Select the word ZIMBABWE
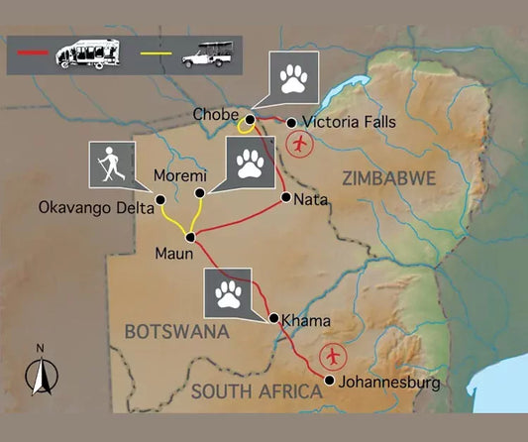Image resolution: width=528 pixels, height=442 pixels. pyautogui.click(x=388, y=178)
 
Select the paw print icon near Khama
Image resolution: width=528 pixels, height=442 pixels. pyautogui.click(x=229, y=292)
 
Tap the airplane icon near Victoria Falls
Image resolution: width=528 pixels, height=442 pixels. pyautogui.click(x=298, y=144)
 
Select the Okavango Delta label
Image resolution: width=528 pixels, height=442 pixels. pyautogui.click(x=96, y=208)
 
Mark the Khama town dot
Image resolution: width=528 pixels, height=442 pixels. pyautogui.click(x=272, y=319)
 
